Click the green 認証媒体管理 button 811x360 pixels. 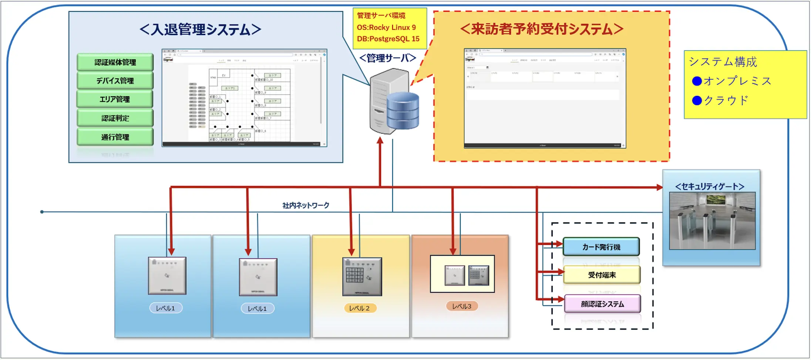[x=115, y=62]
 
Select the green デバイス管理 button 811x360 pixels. [x=115, y=81]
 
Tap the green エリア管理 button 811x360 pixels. [x=115, y=99]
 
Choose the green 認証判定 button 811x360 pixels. [x=115, y=118]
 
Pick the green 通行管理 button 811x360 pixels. [x=115, y=137]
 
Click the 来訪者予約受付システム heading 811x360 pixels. [x=542, y=29]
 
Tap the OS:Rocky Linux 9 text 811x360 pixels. [x=386, y=27]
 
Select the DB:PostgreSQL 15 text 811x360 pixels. [x=388, y=39]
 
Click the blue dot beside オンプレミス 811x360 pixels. [x=697, y=81]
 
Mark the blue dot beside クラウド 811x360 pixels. [x=697, y=100]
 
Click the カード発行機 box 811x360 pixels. [x=601, y=247]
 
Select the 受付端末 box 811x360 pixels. [x=602, y=275]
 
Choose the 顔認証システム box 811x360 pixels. [x=602, y=304]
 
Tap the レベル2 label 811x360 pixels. [x=360, y=308]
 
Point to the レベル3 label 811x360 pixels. [x=462, y=306]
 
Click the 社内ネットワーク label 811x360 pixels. [x=306, y=205]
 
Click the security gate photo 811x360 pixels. [x=712, y=221]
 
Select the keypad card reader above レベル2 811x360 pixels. [x=362, y=276]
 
